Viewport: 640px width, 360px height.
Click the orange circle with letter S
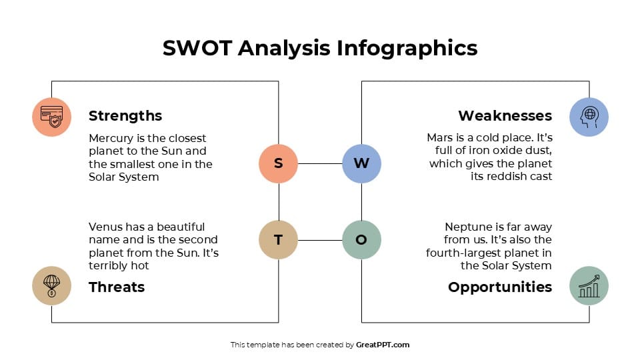click(x=278, y=163)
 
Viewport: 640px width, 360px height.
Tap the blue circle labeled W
click(x=361, y=163)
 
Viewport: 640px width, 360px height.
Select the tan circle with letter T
click(x=278, y=240)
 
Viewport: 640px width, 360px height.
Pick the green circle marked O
click(x=361, y=240)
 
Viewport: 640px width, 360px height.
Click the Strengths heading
click(x=125, y=116)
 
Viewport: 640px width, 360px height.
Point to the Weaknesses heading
click(x=505, y=116)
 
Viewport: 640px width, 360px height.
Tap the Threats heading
click(x=117, y=287)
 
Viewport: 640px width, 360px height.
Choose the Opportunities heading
click(x=500, y=287)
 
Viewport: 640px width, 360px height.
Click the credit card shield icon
click(x=51, y=117)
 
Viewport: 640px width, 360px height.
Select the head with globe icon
click(x=589, y=117)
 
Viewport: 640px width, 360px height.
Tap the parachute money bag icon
click(x=51, y=285)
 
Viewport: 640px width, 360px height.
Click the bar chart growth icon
click(x=589, y=285)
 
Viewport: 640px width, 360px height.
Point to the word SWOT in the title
click(x=197, y=48)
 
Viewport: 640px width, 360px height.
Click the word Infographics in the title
click(x=407, y=48)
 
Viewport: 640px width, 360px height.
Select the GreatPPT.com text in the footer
click(x=383, y=345)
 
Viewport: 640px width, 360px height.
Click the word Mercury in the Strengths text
click(x=111, y=139)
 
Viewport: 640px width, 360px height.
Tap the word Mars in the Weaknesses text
click(x=440, y=138)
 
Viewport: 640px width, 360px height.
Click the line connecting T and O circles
click(x=320, y=240)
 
